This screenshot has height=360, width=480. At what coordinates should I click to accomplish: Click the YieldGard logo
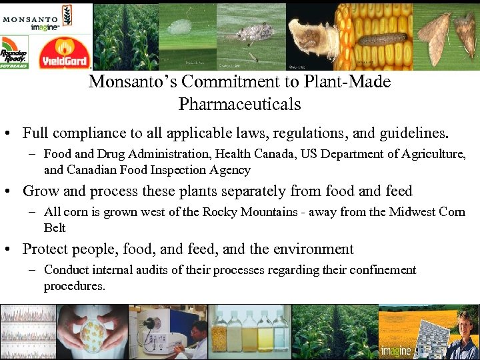coord(63,53)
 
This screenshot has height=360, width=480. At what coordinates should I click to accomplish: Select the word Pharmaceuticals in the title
coord(239,105)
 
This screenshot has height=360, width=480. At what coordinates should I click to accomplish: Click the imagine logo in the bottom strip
coord(396,351)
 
